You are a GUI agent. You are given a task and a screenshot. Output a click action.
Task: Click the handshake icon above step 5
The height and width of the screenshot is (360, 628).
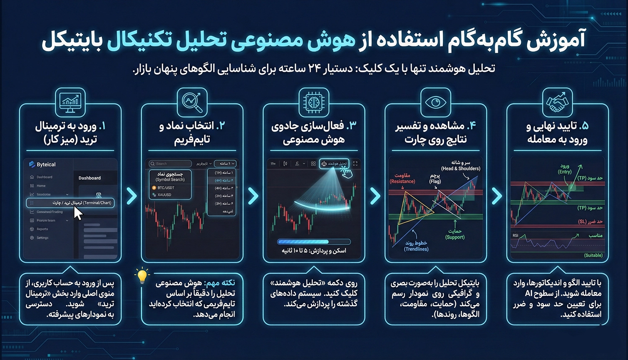557,102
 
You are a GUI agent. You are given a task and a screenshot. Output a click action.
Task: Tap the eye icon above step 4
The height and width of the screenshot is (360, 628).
435,102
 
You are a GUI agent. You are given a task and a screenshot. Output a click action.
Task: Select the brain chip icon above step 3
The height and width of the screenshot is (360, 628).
314,102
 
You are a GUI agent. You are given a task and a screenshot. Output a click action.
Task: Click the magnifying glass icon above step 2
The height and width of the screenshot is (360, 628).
192,102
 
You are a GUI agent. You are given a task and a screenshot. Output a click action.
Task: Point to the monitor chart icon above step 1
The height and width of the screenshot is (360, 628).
70,102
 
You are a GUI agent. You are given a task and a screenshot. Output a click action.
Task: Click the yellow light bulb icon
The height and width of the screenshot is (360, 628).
142,276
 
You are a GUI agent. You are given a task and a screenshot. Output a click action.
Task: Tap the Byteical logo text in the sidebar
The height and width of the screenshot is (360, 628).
46,165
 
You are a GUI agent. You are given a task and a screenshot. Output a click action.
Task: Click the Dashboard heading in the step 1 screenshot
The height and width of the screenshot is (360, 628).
90,178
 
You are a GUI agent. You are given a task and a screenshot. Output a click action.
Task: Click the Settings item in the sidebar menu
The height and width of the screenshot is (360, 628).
42,238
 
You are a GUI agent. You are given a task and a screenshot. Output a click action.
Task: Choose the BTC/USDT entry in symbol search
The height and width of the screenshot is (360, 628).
166,188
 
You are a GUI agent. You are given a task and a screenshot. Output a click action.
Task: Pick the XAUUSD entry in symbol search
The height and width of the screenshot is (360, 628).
164,195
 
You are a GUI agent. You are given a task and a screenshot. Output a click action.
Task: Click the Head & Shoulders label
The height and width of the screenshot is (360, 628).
461,166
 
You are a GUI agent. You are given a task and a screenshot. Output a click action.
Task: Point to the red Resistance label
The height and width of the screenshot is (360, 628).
402,179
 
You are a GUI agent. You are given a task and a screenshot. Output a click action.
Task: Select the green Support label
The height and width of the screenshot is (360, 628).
455,234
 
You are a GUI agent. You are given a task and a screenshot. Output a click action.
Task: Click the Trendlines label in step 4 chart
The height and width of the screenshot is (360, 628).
416,246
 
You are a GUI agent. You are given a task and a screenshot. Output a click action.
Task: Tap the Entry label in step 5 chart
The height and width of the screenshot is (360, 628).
565,169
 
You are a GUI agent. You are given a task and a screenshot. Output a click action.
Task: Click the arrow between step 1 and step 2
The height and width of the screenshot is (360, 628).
131,195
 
